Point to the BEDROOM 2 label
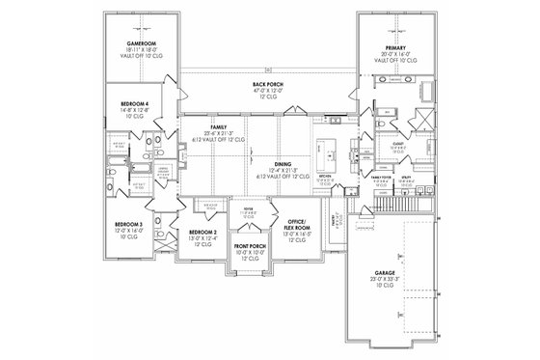(x=202, y=234)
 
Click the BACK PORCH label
(x=267, y=85)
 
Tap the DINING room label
(x=283, y=164)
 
